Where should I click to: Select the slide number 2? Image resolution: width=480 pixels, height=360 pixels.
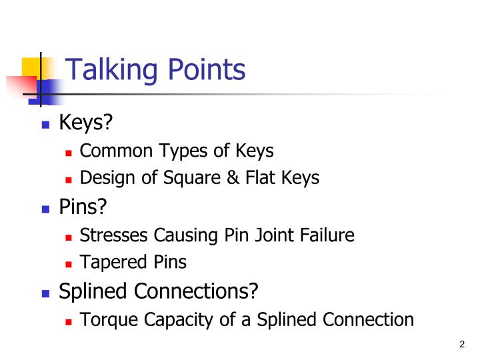click(x=462, y=344)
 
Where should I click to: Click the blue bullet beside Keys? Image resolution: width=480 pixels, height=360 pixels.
click(x=46, y=125)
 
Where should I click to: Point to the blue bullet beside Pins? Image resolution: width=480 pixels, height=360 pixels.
click(x=46, y=209)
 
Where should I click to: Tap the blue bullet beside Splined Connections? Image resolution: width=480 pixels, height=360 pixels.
click(x=46, y=293)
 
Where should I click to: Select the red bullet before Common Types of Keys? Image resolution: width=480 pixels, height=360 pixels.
click(x=69, y=153)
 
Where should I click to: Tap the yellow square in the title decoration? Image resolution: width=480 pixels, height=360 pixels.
click(x=30, y=67)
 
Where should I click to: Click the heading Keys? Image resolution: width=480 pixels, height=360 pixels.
click(x=83, y=123)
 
